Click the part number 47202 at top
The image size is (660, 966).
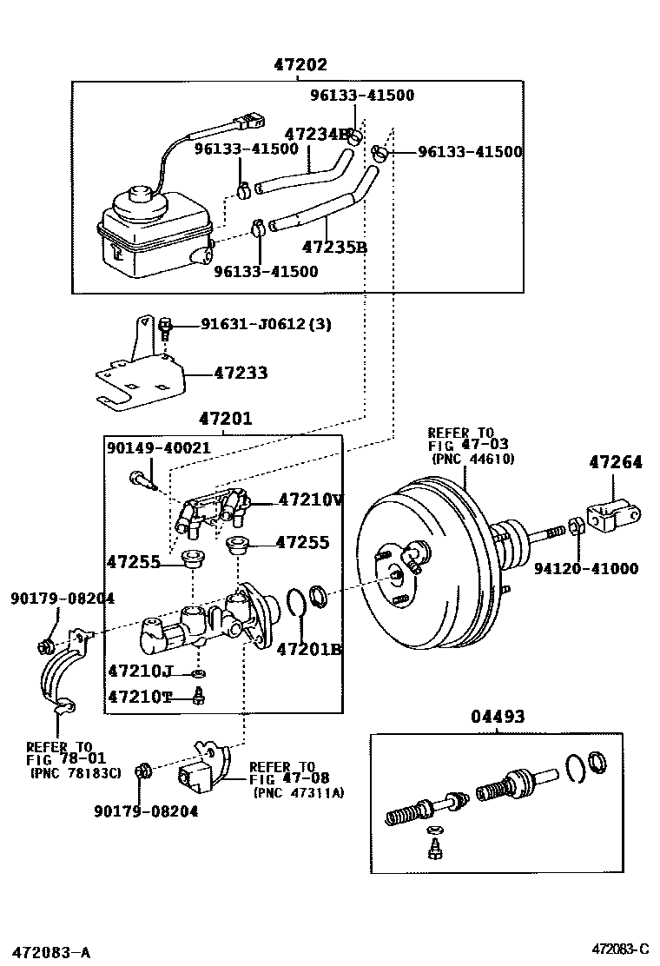coord(300,65)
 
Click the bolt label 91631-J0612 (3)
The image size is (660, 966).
coord(254,324)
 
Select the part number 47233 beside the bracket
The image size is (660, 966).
coord(241,374)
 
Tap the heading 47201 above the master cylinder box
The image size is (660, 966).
coord(225,419)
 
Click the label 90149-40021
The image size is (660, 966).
coord(159,447)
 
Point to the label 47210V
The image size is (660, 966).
coord(311,500)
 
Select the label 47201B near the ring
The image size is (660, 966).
coord(309,649)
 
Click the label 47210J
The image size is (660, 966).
coord(141,671)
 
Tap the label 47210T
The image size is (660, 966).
coord(141,696)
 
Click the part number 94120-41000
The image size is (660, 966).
coord(585,569)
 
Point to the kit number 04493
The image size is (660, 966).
coord(498,717)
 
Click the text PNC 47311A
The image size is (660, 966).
coord(299,792)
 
